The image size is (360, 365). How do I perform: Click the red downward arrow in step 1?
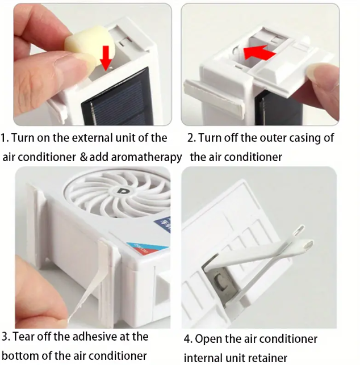[x=106, y=57]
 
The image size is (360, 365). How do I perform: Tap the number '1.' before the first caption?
[x=5, y=138]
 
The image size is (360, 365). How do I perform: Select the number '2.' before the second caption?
[x=191, y=138]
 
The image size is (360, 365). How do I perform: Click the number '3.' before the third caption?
[x=5, y=337]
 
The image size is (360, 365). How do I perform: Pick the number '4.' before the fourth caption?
[x=188, y=339]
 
